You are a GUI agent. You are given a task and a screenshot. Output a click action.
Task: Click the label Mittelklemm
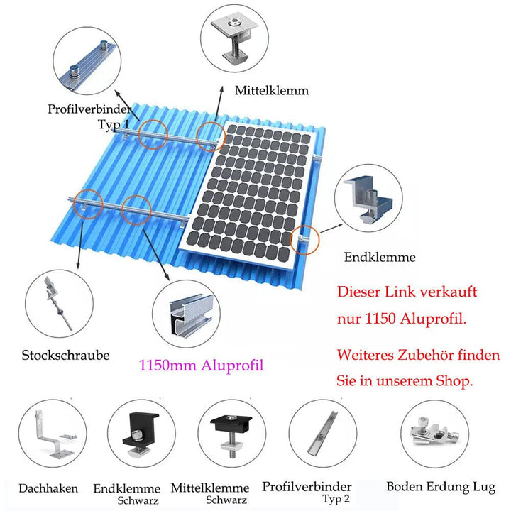click(272, 92)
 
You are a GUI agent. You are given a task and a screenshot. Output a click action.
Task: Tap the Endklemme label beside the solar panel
click(380, 258)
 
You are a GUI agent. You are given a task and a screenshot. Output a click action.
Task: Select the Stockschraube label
click(66, 355)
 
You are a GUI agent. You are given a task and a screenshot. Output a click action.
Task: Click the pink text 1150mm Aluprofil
click(201, 366)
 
